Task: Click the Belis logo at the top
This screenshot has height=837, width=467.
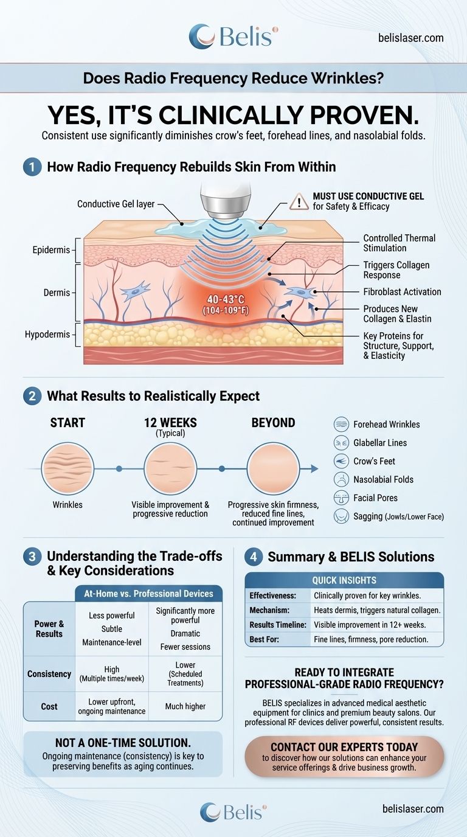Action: pyautogui.click(x=233, y=36)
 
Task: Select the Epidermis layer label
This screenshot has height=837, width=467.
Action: pyautogui.click(x=52, y=250)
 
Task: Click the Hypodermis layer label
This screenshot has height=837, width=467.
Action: pyautogui.click(x=49, y=335)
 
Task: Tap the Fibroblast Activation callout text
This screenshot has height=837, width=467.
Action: pyautogui.click(x=402, y=291)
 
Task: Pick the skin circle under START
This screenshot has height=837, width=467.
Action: pyautogui.click(x=67, y=468)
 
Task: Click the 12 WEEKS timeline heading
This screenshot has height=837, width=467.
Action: pyautogui.click(x=170, y=423)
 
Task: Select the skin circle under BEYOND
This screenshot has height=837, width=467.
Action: pyautogui.click(x=272, y=468)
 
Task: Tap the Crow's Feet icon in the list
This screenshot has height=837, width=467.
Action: pyautogui.click(x=342, y=461)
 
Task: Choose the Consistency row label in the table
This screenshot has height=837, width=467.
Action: pyautogui.click(x=49, y=674)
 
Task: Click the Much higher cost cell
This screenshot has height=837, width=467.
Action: pyautogui.click(x=185, y=706)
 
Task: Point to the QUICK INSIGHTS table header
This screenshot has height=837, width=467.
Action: pyautogui.click(x=344, y=580)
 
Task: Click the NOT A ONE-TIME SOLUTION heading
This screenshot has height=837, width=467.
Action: pyautogui.click(x=122, y=743)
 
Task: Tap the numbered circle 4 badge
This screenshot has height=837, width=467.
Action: pyautogui.click(x=254, y=557)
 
